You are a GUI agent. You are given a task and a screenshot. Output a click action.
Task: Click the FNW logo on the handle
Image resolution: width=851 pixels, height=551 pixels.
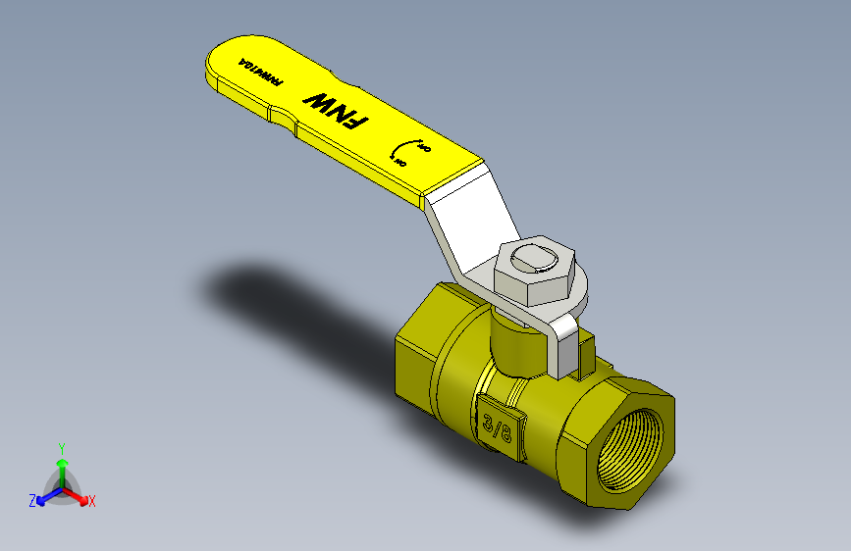coord(336,110)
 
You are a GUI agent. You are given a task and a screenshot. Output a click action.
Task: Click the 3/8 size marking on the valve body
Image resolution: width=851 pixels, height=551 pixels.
coord(498,426)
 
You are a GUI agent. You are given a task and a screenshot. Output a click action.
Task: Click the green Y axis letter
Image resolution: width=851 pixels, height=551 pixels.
coord(61,445)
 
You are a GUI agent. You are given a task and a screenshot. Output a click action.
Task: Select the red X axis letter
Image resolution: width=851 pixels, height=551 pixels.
coord(92,501)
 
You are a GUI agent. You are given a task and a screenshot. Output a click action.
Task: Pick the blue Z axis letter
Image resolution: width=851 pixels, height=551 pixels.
coord(32,500)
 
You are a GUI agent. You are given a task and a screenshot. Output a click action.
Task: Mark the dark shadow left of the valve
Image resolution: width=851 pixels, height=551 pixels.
coord(285,299)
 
